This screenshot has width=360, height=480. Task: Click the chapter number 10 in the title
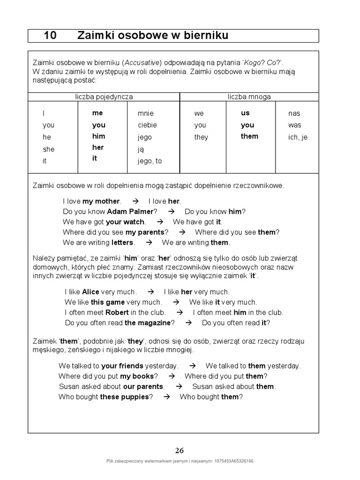click(x=50, y=36)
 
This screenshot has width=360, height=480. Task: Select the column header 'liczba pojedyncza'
click(x=104, y=97)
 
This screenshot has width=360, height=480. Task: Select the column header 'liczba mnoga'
click(x=249, y=97)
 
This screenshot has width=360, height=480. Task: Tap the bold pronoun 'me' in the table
click(x=97, y=113)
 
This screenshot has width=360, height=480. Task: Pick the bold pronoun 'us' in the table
click(x=245, y=113)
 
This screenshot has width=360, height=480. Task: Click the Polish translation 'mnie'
click(x=145, y=113)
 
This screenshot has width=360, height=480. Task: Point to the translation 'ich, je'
click(x=298, y=137)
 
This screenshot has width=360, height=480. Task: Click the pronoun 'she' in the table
click(x=48, y=149)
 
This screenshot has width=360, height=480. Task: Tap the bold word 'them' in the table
click(x=249, y=136)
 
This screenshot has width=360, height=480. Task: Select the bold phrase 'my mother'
click(x=101, y=201)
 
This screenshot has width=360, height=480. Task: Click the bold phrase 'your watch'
click(x=126, y=222)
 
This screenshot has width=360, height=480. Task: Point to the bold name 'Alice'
click(x=90, y=292)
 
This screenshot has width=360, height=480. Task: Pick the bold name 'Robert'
click(x=117, y=312)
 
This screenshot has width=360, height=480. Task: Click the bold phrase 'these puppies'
click(x=124, y=397)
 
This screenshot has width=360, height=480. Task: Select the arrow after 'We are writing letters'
click(x=149, y=242)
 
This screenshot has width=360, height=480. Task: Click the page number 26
click(x=180, y=450)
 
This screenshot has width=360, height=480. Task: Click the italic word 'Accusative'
click(x=142, y=62)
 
